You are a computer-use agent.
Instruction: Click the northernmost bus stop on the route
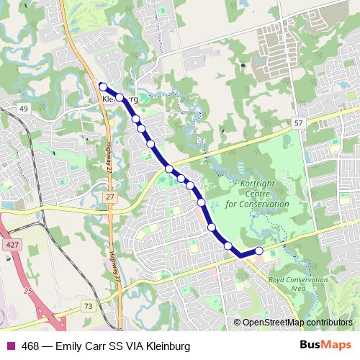pyautogui.click(x=103, y=86)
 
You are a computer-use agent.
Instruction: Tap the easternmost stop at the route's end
pyautogui.click(x=258, y=250)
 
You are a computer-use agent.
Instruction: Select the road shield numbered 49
pyautogui.click(x=24, y=109)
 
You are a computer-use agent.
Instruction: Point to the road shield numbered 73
pyautogui.click(x=88, y=306)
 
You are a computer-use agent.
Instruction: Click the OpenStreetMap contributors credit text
pyautogui.click(x=297, y=322)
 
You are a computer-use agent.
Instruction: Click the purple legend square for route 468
pyautogui.click(x=11, y=346)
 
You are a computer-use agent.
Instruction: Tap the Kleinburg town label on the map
pyautogui.click(x=120, y=98)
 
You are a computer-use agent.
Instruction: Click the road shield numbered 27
pyautogui.click(x=109, y=196)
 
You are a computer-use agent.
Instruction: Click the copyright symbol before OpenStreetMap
pyautogui.click(x=238, y=322)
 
